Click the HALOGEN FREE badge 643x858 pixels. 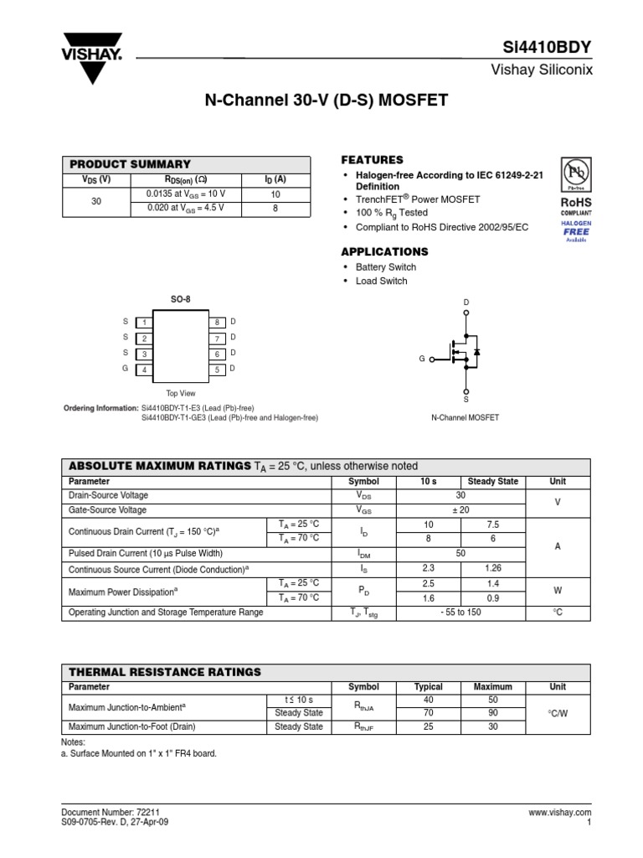pos(576,231)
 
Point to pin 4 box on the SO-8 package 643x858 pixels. pos(144,370)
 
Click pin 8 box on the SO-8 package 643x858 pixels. pos(216,323)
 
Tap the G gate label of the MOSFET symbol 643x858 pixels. pos(422,359)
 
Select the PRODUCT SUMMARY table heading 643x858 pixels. pos(130,164)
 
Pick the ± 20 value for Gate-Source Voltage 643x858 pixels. pos(461,510)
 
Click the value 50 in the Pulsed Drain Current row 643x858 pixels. pos(461,553)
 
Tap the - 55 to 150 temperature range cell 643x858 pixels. pos(461,612)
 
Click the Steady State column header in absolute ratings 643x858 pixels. pos(492,482)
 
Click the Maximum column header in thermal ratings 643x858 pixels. pos(492,687)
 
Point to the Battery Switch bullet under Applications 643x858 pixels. pos(385,267)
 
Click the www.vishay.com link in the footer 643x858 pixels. pos(560,813)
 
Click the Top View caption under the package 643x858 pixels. pos(181,393)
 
